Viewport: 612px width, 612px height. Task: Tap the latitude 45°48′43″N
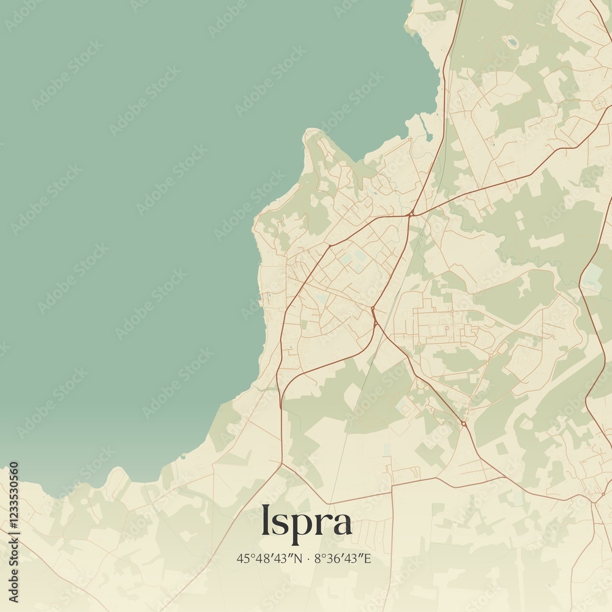(x=270, y=558)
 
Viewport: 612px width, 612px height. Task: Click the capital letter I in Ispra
(x=266, y=520)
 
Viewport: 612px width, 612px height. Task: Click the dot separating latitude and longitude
(x=308, y=558)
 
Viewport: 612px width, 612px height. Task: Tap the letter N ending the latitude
(x=299, y=558)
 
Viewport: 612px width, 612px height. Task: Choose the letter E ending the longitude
(x=368, y=558)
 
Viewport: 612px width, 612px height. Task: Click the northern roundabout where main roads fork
(x=411, y=214)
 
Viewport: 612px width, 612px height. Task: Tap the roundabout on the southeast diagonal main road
(x=463, y=424)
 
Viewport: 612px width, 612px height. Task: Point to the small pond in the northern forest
(x=511, y=42)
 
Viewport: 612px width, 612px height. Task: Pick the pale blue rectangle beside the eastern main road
(x=592, y=277)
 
